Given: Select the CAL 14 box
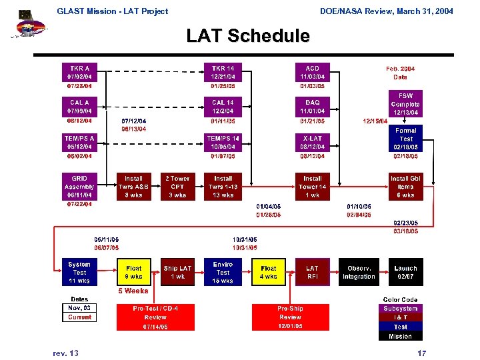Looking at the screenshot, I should coord(223,107).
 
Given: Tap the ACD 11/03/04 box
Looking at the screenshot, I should coord(312,73).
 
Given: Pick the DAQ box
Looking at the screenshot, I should coord(312,107).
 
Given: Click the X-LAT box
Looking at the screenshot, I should coord(312,142).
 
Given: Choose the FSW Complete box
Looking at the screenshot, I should coord(405,104).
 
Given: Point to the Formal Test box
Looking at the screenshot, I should coord(405,139).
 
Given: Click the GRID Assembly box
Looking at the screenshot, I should coord(79,187).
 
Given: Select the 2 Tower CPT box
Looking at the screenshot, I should coord(177,187).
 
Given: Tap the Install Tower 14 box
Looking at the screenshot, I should coord(312,187).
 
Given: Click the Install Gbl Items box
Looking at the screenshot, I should coord(405,187).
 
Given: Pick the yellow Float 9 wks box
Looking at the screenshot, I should coord(133,272).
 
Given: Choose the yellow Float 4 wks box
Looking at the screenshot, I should coord(269,272).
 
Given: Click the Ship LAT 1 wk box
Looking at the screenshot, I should coord(177,272).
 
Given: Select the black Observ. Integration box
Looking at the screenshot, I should coord(359,272).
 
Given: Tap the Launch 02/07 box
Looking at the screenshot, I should coord(405,272).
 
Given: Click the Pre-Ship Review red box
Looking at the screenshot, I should coord(290,317).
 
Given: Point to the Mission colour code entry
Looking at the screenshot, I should coord(400,336).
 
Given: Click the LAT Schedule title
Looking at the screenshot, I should coord(248,35).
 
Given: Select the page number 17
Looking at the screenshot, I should coord(421,353).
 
